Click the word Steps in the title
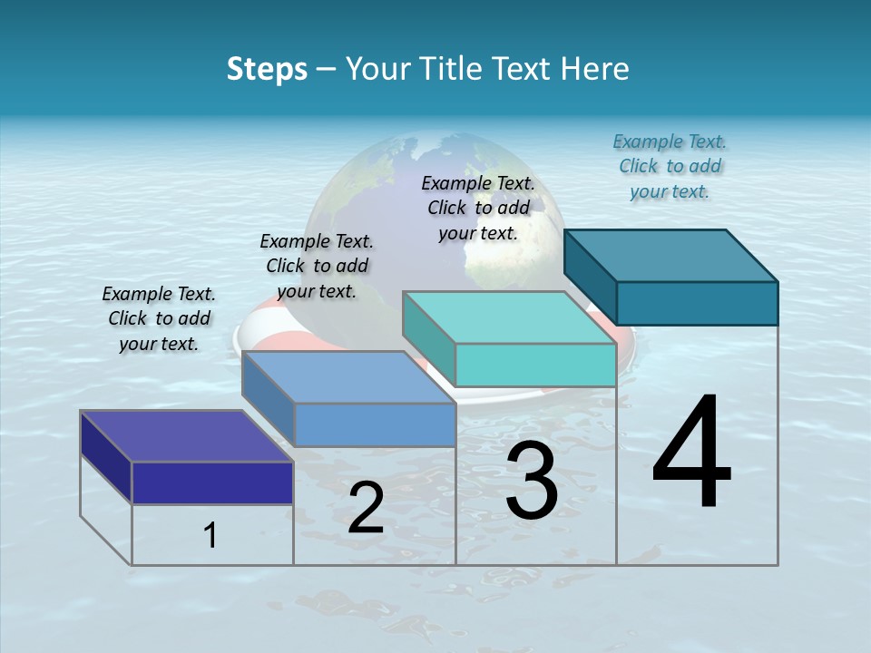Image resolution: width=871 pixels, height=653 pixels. pos(267,69)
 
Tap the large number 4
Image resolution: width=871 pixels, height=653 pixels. pos(691,453)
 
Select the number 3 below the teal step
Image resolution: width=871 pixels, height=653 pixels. pos(532,482)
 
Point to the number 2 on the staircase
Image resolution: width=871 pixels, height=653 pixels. pos(366,509)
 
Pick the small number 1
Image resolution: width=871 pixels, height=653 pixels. pos(210,536)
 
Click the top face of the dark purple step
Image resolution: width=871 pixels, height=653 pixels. pos(186,436)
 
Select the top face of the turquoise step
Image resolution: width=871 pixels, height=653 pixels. pos(509,317)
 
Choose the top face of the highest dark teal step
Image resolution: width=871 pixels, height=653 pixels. pos(670,255)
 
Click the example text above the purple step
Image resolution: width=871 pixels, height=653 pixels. pos(159,318)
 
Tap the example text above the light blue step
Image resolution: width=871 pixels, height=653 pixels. pos(317,266)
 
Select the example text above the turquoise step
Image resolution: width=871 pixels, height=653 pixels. pos(478,208)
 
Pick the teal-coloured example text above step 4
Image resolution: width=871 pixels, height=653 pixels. pos(670,166)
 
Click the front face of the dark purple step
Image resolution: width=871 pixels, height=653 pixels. pos(212,482)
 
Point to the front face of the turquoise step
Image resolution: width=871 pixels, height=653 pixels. pos(535,365)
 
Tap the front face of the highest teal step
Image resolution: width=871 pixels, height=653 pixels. pos(697,303)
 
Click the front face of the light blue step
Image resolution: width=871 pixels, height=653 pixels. pos(375,424)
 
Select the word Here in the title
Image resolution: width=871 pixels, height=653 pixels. pos(595,69)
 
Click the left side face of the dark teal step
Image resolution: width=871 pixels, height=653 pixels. pos(590,274)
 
